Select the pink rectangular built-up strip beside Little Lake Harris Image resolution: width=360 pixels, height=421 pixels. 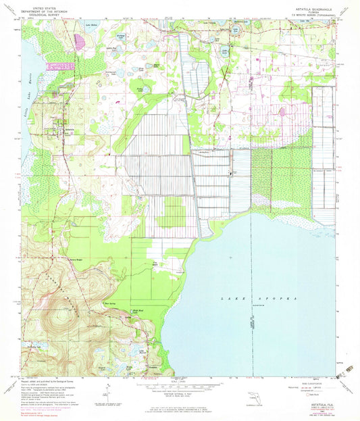click(60, 66)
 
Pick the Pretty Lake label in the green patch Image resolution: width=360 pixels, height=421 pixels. click(140, 88)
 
